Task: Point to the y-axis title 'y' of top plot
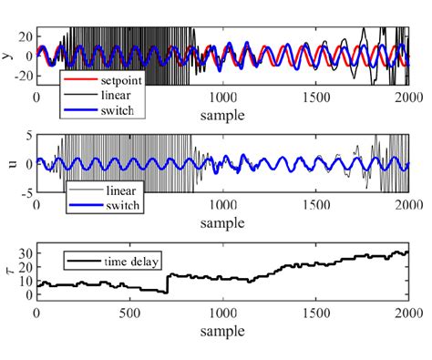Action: click(x=7, y=56)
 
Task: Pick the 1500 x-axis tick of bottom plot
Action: click(x=314, y=314)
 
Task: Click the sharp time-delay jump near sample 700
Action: click(x=168, y=283)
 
